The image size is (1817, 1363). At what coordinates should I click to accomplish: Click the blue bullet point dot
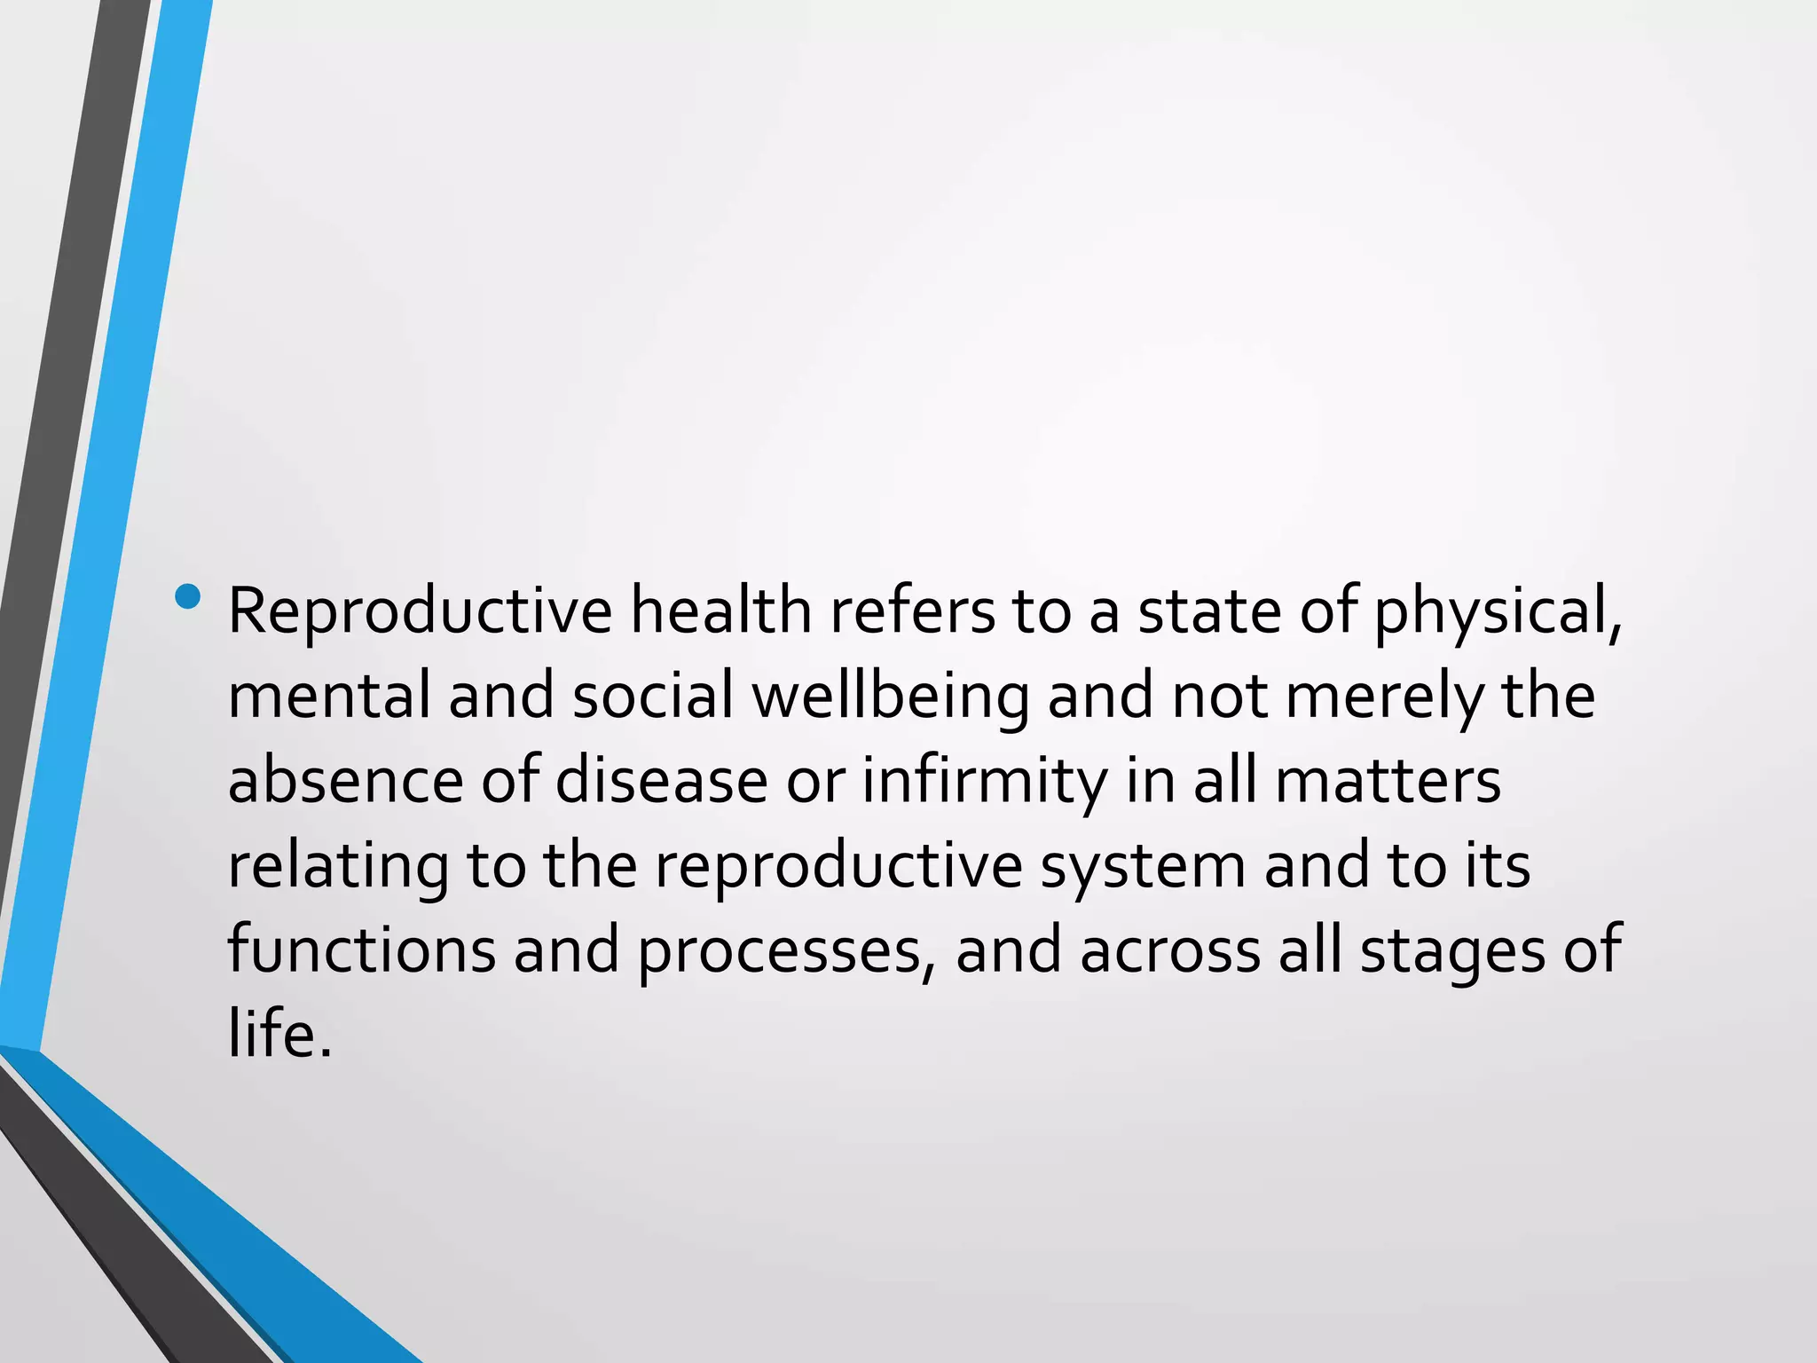click(188, 597)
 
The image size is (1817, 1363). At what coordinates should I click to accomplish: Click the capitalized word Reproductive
click(420, 611)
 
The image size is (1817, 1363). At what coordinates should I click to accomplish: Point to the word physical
click(1498, 611)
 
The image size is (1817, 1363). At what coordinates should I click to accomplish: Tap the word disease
click(662, 780)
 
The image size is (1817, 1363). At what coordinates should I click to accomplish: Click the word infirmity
click(985, 780)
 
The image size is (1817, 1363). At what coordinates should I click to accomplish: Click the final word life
click(279, 1034)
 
